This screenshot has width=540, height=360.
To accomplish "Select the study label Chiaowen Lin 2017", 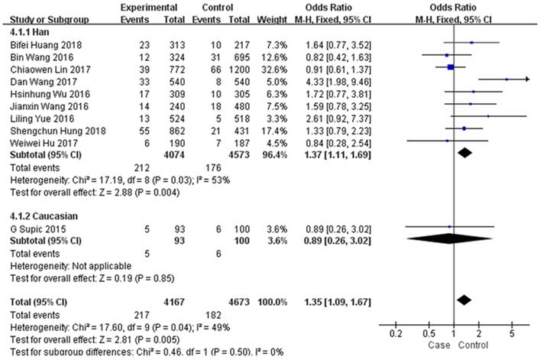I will (x=40, y=66).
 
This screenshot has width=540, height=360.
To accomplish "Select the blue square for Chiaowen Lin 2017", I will (x=451, y=67).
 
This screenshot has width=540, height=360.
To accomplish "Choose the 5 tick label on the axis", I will (x=512, y=334).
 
